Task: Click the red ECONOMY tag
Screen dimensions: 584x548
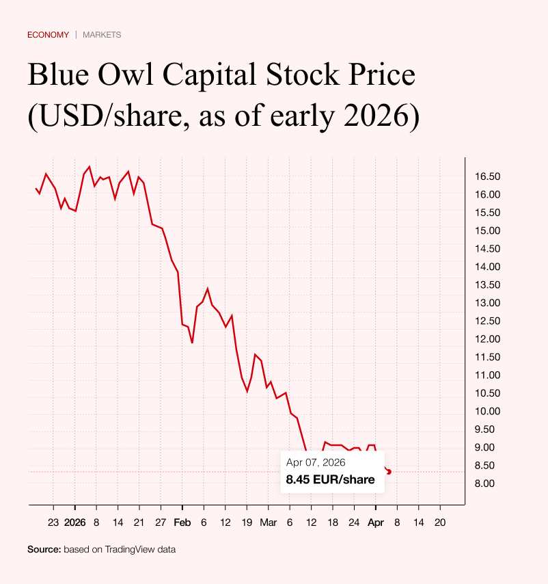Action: (48, 35)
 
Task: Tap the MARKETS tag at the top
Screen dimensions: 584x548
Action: (102, 35)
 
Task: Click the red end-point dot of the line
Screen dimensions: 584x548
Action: (389, 472)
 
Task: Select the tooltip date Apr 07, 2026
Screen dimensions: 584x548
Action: (316, 463)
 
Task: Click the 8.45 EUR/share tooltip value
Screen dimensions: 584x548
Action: (330, 479)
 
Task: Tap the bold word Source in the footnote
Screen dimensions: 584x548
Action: (44, 549)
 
